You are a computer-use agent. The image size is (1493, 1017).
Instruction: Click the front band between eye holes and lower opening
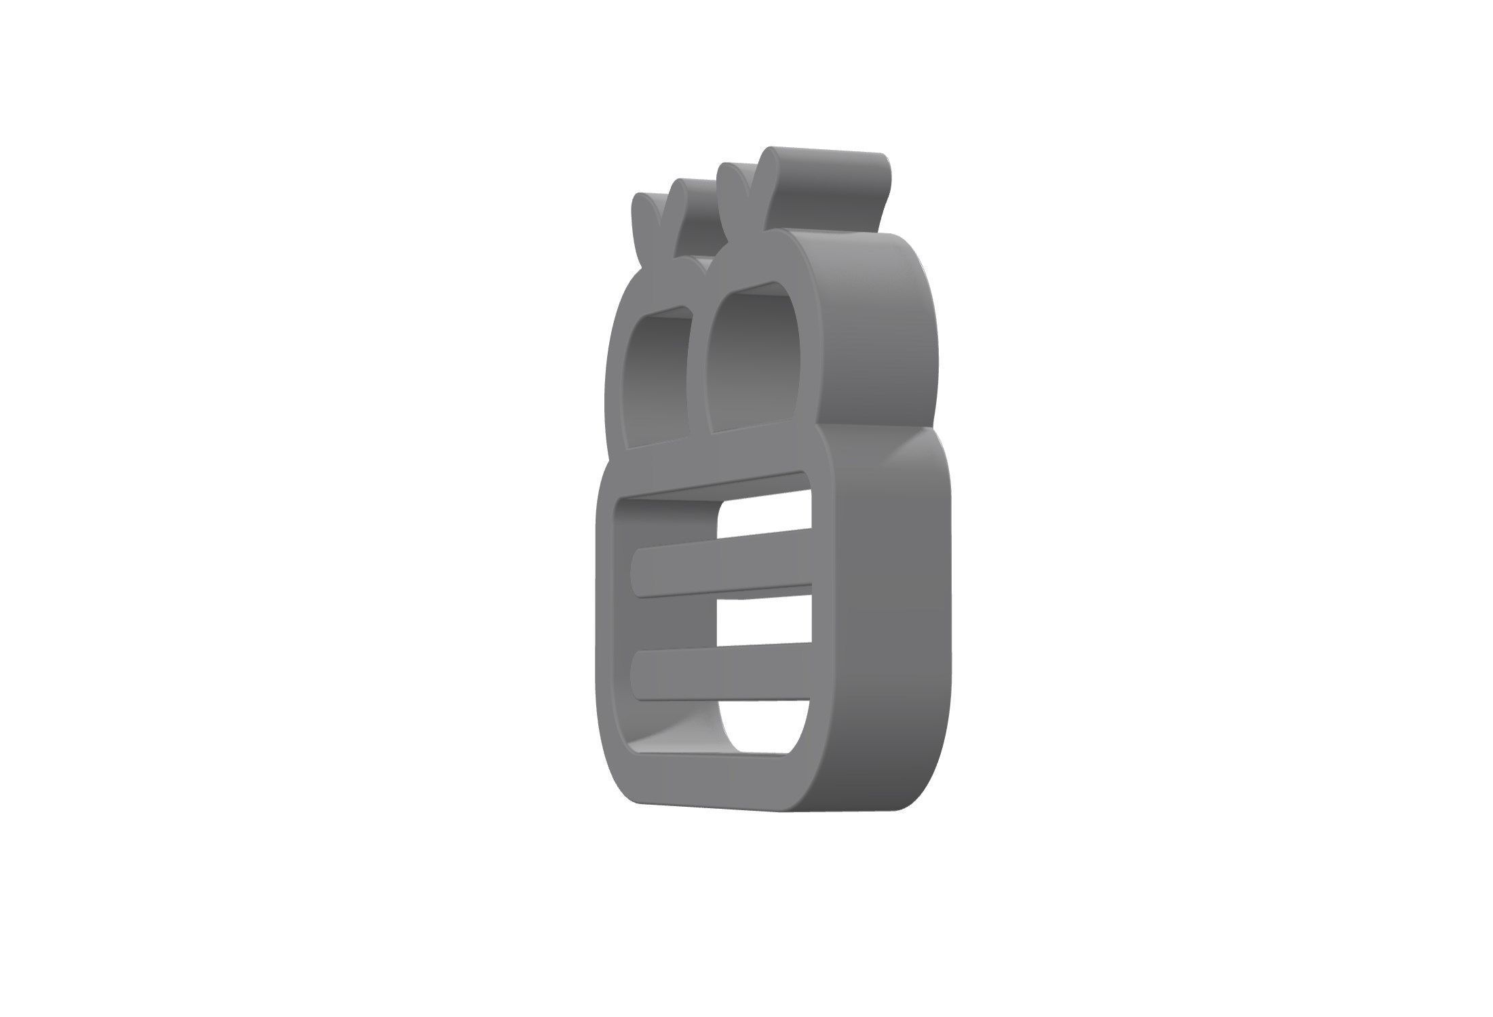[x=712, y=468]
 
